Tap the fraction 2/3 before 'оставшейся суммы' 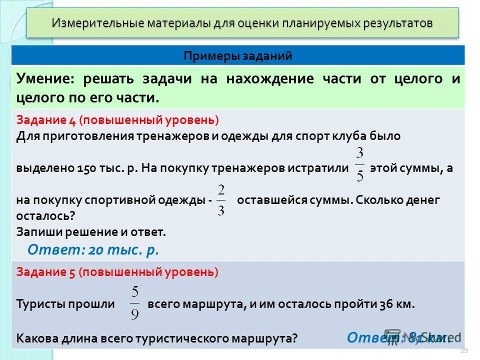coord(221,199)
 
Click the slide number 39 coord(463,351)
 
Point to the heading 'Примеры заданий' coord(238,55)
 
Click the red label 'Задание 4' coord(44,120)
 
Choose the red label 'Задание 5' coord(44,272)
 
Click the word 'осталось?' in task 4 coord(45,216)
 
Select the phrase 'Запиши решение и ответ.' coord(90,232)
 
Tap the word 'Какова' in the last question coord(37,337)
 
